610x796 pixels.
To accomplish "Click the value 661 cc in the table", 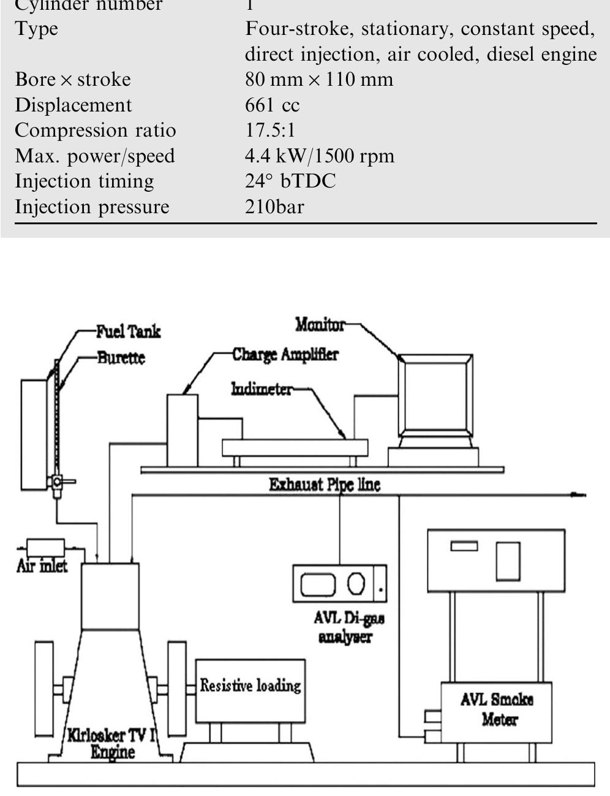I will coord(272,105).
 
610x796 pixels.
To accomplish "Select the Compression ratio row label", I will coord(95,131).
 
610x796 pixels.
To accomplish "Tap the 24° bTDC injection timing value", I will coord(290,181).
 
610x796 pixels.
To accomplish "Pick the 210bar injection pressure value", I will coord(274,207).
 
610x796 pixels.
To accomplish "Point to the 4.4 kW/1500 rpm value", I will coord(319,156).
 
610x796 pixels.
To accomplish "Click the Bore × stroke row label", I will coord(72,80).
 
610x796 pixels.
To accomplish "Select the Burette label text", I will coord(121,357).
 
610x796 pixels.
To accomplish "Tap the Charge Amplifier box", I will coord(182,430).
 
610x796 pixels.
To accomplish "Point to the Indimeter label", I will coord(261,389).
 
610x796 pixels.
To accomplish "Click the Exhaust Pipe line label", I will coord(325,485).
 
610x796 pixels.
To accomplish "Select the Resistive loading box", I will coord(250,691).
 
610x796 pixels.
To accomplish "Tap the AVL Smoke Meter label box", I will coord(496,711).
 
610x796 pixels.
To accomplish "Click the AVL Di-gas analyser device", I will coord(339,583).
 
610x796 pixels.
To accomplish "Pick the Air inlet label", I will coord(42,566).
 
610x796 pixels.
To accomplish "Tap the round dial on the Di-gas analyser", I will coord(356,583).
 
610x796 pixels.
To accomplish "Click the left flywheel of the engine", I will coord(43,689).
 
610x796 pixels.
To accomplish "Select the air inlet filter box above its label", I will coord(45,547).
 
